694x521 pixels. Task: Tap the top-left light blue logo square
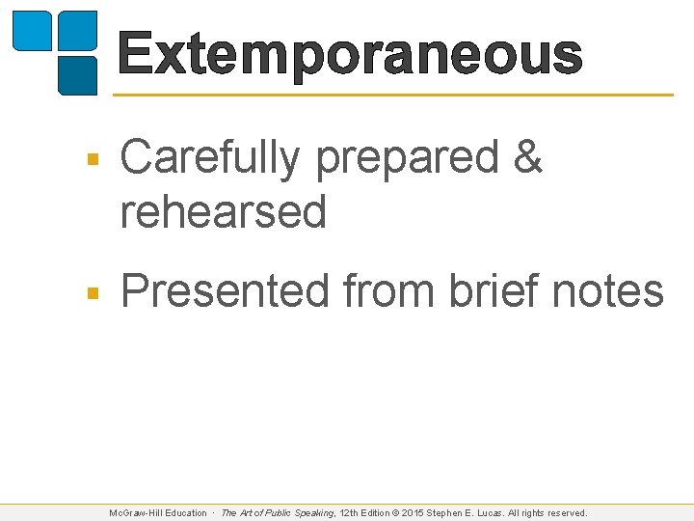[x=32, y=30]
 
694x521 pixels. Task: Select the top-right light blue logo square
[x=77, y=30]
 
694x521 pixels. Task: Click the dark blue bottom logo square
[x=77, y=74]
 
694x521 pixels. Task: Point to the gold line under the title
[x=393, y=95]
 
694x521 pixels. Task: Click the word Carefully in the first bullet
[x=209, y=157]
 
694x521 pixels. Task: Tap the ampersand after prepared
[x=529, y=157]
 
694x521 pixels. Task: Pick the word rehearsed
[x=224, y=211]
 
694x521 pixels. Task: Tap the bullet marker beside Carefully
[x=91, y=160]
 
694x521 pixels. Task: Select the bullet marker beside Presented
[x=91, y=292]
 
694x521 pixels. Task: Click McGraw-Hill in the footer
[x=136, y=513]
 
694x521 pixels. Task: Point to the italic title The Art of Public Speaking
[x=278, y=513]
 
